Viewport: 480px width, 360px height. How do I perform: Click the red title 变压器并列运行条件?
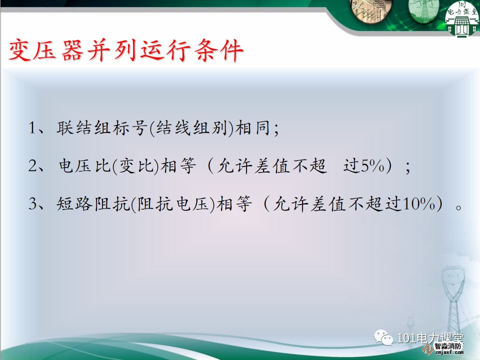click(x=126, y=50)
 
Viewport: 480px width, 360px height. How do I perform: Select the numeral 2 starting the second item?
click(x=33, y=165)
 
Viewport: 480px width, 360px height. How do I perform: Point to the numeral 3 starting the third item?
click(x=33, y=203)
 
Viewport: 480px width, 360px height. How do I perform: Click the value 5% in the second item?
click(x=372, y=165)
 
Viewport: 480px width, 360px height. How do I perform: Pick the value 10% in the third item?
click(x=419, y=203)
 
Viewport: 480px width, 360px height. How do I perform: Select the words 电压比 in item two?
click(x=84, y=165)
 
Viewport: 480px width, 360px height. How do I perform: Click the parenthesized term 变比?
click(x=135, y=165)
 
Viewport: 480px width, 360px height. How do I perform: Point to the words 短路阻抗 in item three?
click(x=93, y=203)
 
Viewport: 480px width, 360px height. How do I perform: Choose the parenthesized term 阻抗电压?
click(x=173, y=203)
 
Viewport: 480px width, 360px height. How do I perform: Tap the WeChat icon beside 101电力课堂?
click(x=383, y=337)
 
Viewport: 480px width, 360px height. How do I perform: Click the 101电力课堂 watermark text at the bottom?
click(x=430, y=338)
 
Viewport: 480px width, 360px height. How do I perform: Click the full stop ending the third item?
click(x=458, y=207)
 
